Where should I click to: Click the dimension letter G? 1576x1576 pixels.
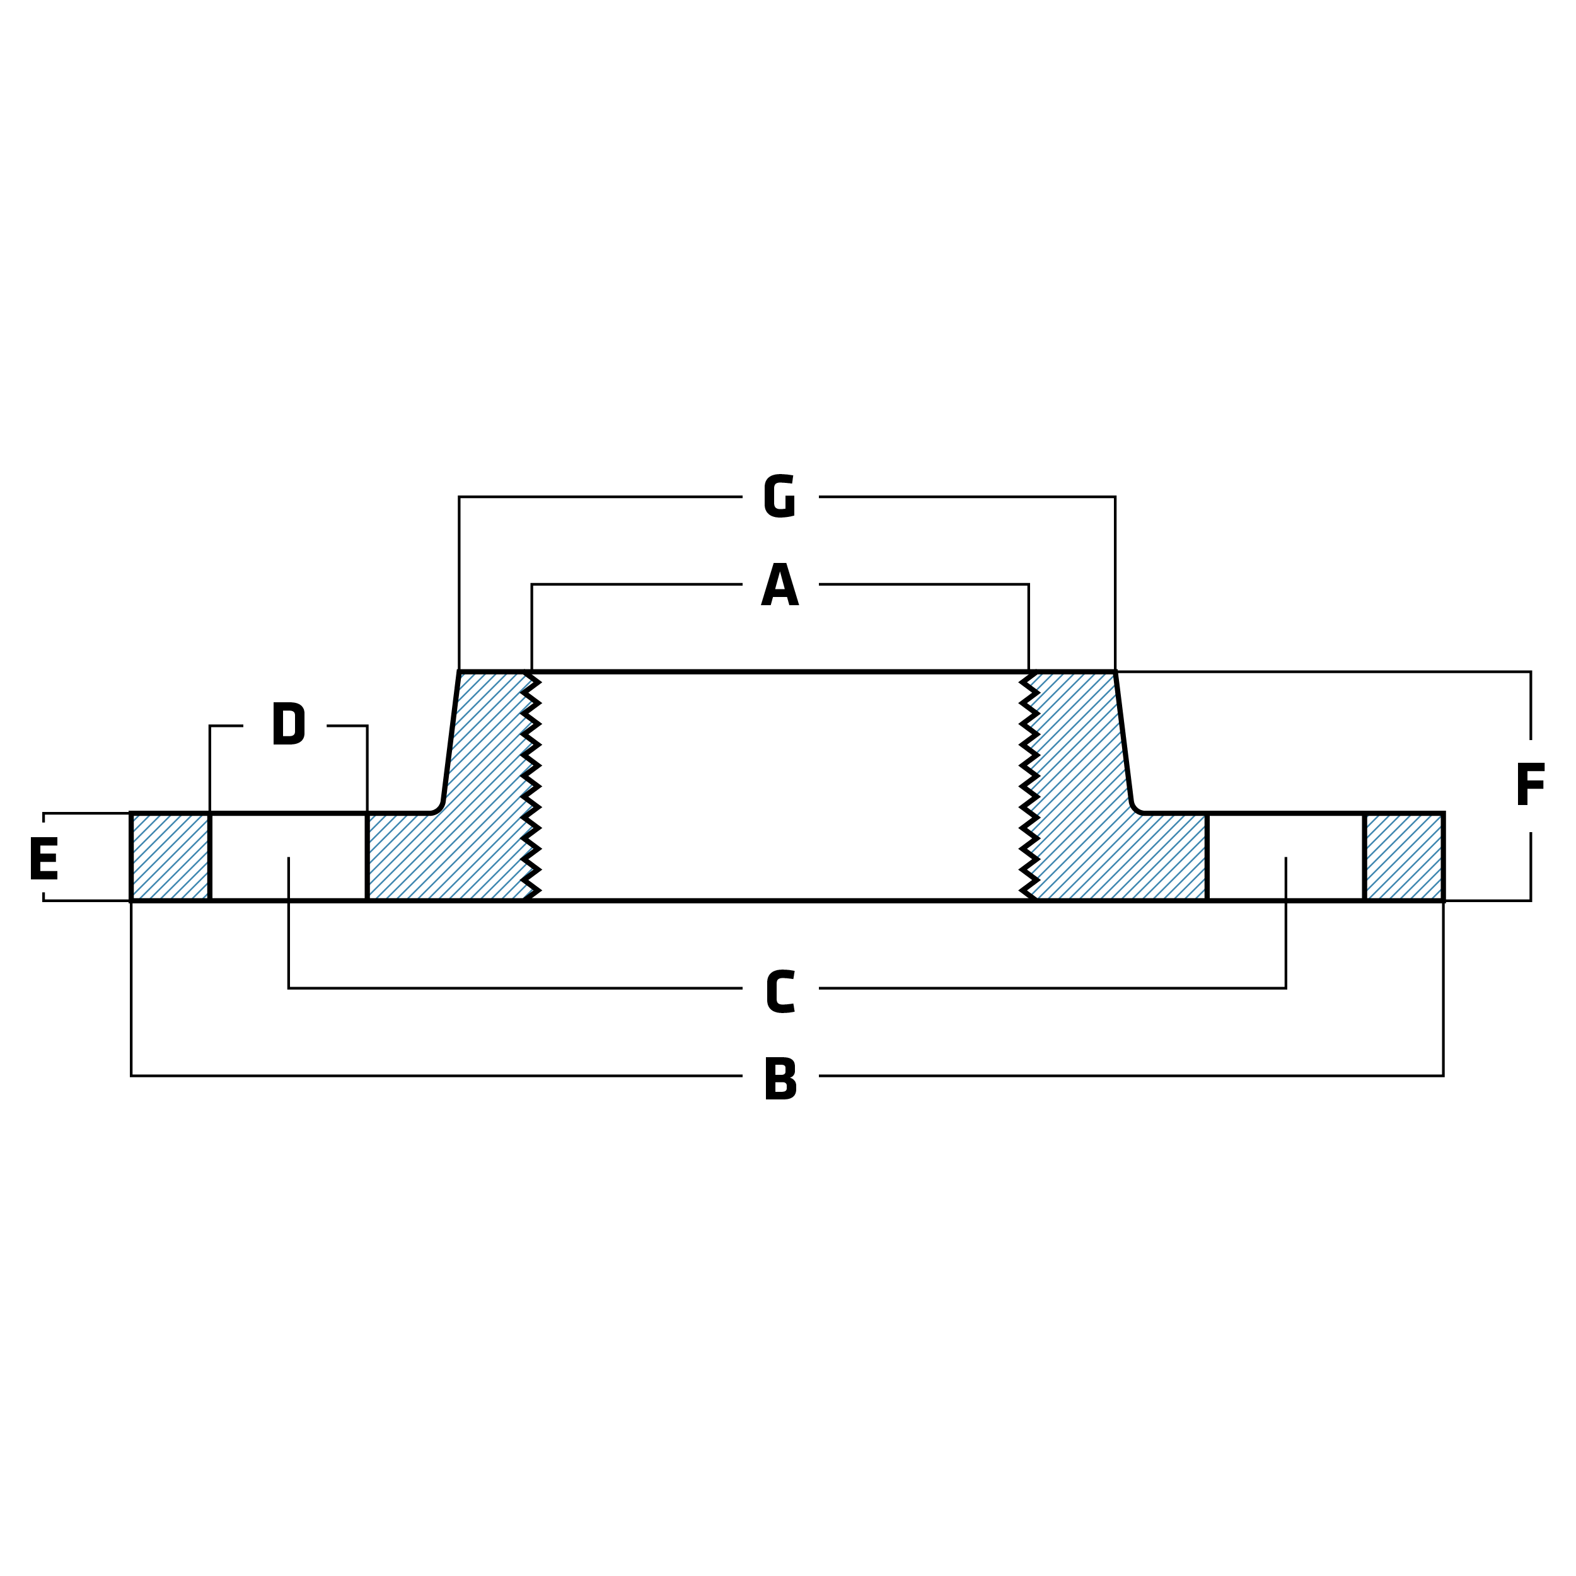coord(780,496)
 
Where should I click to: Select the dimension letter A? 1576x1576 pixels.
coord(780,584)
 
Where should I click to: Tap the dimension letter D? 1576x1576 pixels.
coord(288,724)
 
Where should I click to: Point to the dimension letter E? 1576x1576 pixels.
coord(44,858)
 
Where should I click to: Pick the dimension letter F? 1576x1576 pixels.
coord(1531,785)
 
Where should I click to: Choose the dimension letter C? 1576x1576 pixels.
coord(780,992)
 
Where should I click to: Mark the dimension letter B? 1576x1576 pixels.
coord(780,1079)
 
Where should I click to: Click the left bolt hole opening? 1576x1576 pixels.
coord(289,857)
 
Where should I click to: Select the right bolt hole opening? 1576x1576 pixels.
coord(1285,857)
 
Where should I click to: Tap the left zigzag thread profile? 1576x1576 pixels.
coord(531,786)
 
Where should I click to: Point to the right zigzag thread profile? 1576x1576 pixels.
coord(1029,786)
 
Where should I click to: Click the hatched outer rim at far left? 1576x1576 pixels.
coord(170,857)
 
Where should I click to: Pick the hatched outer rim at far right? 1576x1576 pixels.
coord(1404,857)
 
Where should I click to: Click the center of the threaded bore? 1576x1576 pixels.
coord(780,786)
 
